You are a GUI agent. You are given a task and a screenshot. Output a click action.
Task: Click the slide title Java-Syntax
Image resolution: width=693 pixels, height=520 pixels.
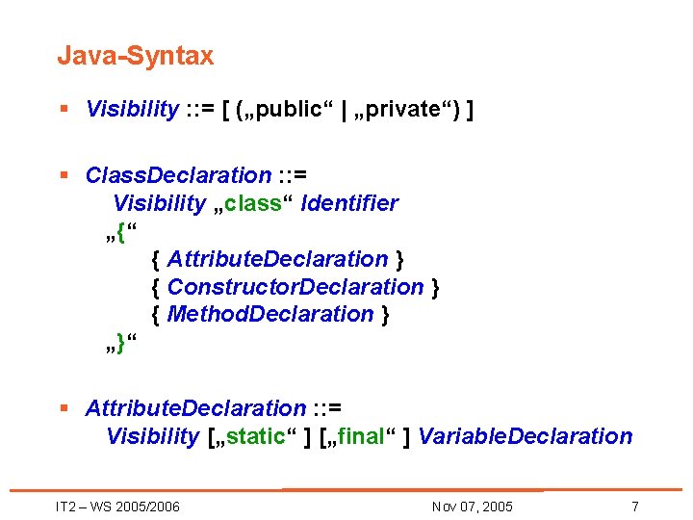(x=135, y=56)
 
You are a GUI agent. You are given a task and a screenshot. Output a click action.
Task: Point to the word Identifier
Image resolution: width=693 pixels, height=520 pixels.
(x=349, y=203)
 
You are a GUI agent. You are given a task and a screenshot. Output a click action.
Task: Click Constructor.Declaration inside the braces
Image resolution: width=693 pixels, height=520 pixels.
(x=295, y=287)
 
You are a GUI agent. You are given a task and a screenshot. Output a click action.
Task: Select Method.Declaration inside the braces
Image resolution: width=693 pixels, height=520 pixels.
(x=270, y=314)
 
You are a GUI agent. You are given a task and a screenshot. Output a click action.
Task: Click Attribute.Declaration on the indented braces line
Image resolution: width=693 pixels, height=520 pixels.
(x=277, y=259)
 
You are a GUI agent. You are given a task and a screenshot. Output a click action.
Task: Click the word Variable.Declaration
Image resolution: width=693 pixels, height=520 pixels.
(x=526, y=436)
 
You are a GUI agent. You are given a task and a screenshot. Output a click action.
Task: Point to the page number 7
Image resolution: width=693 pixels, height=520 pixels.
(x=634, y=507)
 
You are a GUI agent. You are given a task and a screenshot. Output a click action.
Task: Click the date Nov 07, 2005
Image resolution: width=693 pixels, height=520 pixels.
(x=473, y=507)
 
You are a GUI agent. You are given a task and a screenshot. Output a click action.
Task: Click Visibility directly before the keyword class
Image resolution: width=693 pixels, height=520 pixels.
(x=159, y=203)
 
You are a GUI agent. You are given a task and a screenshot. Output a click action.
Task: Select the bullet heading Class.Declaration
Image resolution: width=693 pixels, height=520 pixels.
(x=178, y=175)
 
